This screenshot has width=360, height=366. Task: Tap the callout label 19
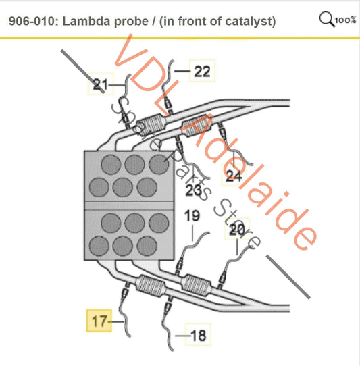[192, 216]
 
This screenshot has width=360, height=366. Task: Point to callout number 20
[237, 230]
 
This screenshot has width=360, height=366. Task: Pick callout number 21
[101, 84]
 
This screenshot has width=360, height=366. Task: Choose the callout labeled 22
[201, 71]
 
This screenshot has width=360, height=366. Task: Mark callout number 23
[194, 191]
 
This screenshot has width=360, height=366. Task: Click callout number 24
[234, 176]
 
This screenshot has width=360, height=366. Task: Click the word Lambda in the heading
[86, 22]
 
